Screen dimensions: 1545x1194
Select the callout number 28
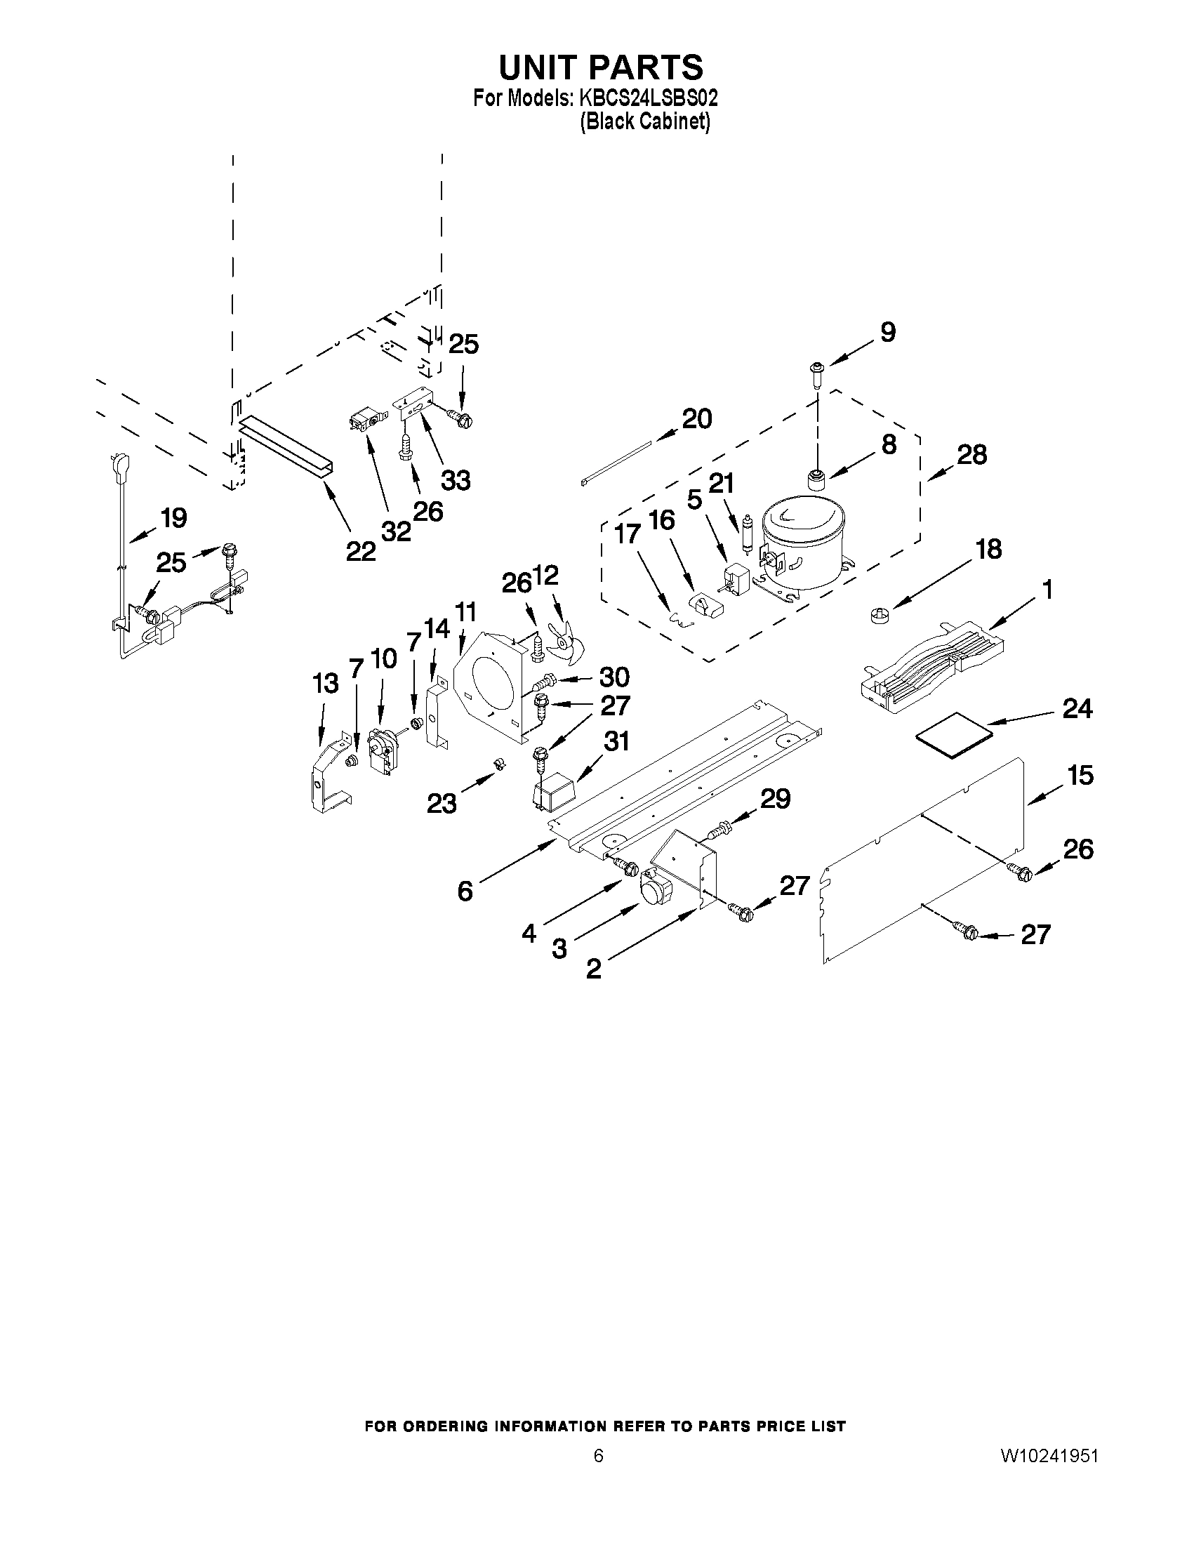[x=971, y=455]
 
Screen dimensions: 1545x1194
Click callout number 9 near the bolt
[x=888, y=332]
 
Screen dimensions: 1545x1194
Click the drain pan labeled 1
[x=934, y=665]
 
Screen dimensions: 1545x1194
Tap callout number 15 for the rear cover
[x=1080, y=776]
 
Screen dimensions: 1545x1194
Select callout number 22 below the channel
[x=361, y=551]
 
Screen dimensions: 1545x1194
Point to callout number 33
[x=456, y=480]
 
